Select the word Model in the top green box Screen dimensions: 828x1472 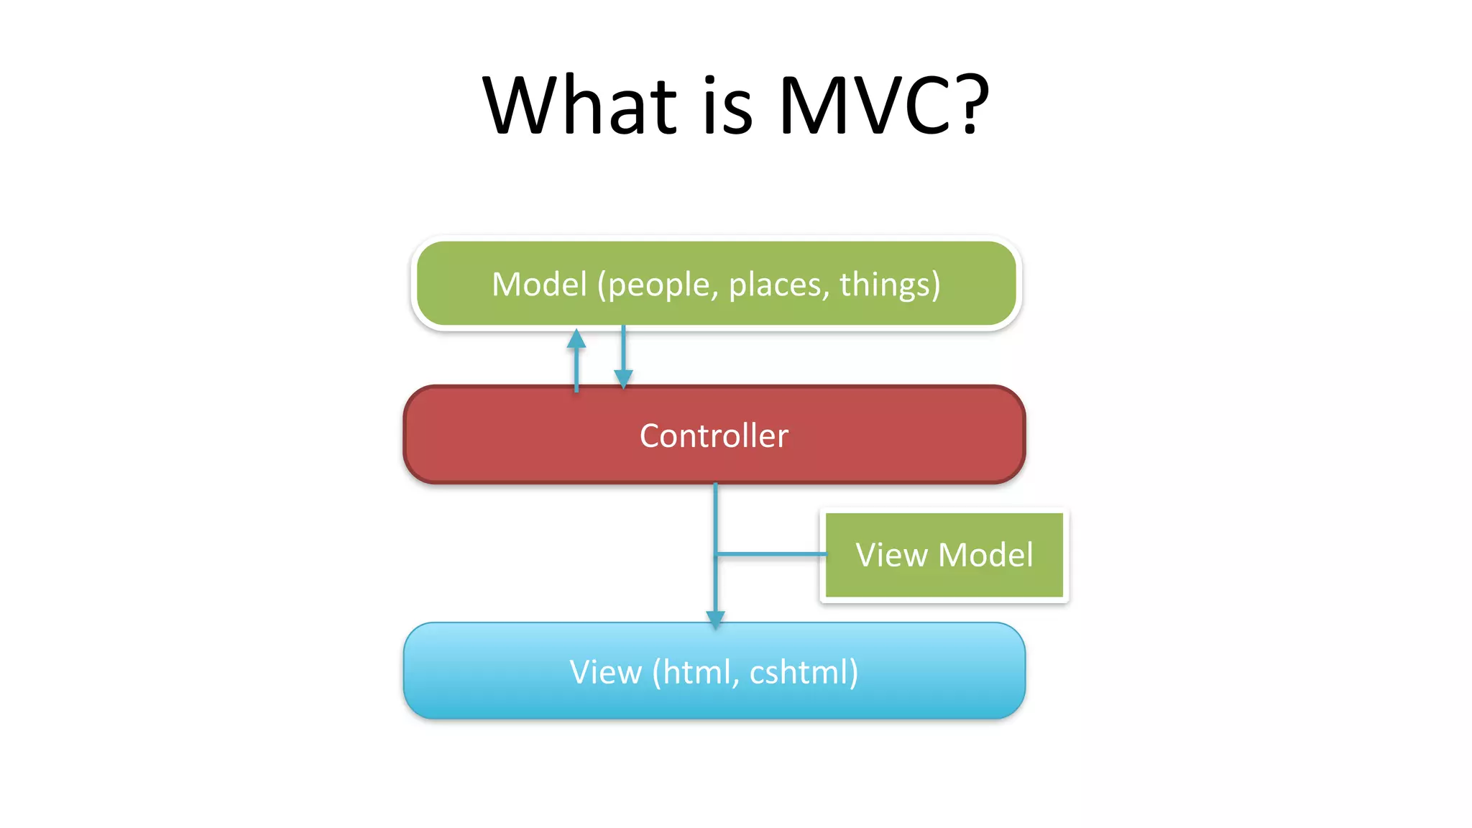click(539, 284)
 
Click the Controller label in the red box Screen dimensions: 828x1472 click(714, 436)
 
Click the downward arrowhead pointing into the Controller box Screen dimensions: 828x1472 click(623, 378)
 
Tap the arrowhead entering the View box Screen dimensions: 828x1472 click(715, 618)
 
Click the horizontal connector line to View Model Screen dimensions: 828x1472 click(772, 554)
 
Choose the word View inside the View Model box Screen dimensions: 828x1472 click(891, 555)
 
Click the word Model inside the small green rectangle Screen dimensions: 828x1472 click(985, 555)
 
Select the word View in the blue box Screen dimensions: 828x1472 click(605, 672)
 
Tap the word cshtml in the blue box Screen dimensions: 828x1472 click(799, 672)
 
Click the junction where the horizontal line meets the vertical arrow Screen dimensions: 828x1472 click(716, 554)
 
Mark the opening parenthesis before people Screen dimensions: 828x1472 click(602, 285)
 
